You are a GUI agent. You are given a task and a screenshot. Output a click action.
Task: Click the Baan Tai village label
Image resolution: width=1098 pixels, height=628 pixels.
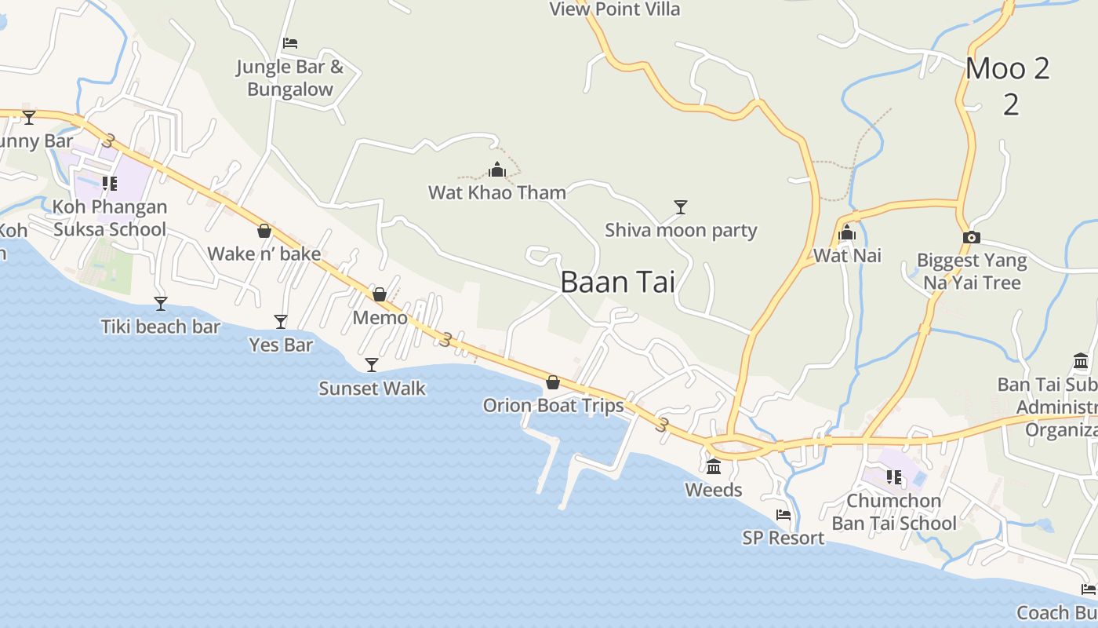tap(617, 282)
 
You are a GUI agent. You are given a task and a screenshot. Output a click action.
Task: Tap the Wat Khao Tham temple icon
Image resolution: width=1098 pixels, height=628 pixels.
tap(497, 170)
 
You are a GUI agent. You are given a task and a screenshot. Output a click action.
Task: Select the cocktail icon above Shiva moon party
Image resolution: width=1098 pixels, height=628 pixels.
tap(681, 207)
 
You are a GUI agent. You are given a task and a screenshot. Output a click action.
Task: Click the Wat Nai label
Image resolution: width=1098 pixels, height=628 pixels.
tap(847, 255)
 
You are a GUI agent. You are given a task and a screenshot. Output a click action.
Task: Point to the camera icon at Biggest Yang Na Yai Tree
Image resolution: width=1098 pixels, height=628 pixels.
tap(971, 237)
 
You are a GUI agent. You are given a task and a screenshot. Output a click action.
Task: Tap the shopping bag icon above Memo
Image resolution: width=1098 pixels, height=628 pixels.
tap(380, 294)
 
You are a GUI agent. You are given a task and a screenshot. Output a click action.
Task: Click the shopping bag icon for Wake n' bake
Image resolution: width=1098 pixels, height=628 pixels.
tap(264, 231)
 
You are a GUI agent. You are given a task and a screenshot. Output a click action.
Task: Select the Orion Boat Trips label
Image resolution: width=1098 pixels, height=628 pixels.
tap(553, 405)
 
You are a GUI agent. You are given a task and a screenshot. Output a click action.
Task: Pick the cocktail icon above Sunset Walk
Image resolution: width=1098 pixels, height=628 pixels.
tap(372, 365)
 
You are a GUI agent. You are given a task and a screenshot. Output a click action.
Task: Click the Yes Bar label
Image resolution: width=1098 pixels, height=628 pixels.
tap(281, 345)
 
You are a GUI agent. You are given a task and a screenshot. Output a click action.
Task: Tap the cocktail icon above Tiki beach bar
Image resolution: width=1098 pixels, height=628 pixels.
tap(161, 303)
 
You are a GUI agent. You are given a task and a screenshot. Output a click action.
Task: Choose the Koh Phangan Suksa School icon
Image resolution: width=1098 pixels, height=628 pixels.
tap(110, 184)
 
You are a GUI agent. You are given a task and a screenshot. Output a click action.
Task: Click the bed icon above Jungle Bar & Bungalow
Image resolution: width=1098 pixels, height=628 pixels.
tap(290, 43)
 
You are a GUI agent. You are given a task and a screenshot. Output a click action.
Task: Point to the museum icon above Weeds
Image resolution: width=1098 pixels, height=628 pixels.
tap(714, 467)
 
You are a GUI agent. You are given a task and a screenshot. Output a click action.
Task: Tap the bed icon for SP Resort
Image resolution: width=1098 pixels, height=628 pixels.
tap(784, 515)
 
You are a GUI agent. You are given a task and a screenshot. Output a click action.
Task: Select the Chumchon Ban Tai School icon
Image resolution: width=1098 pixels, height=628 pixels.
tap(893, 476)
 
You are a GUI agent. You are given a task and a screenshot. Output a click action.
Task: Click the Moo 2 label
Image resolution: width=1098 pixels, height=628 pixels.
tap(1008, 69)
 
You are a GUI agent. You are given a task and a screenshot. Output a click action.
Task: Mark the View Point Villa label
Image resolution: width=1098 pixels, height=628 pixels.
tap(614, 9)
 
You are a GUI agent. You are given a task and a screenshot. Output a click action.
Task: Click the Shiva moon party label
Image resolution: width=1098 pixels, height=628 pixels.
tap(681, 230)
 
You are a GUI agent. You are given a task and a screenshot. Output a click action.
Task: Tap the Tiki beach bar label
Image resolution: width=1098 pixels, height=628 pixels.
tap(160, 327)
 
